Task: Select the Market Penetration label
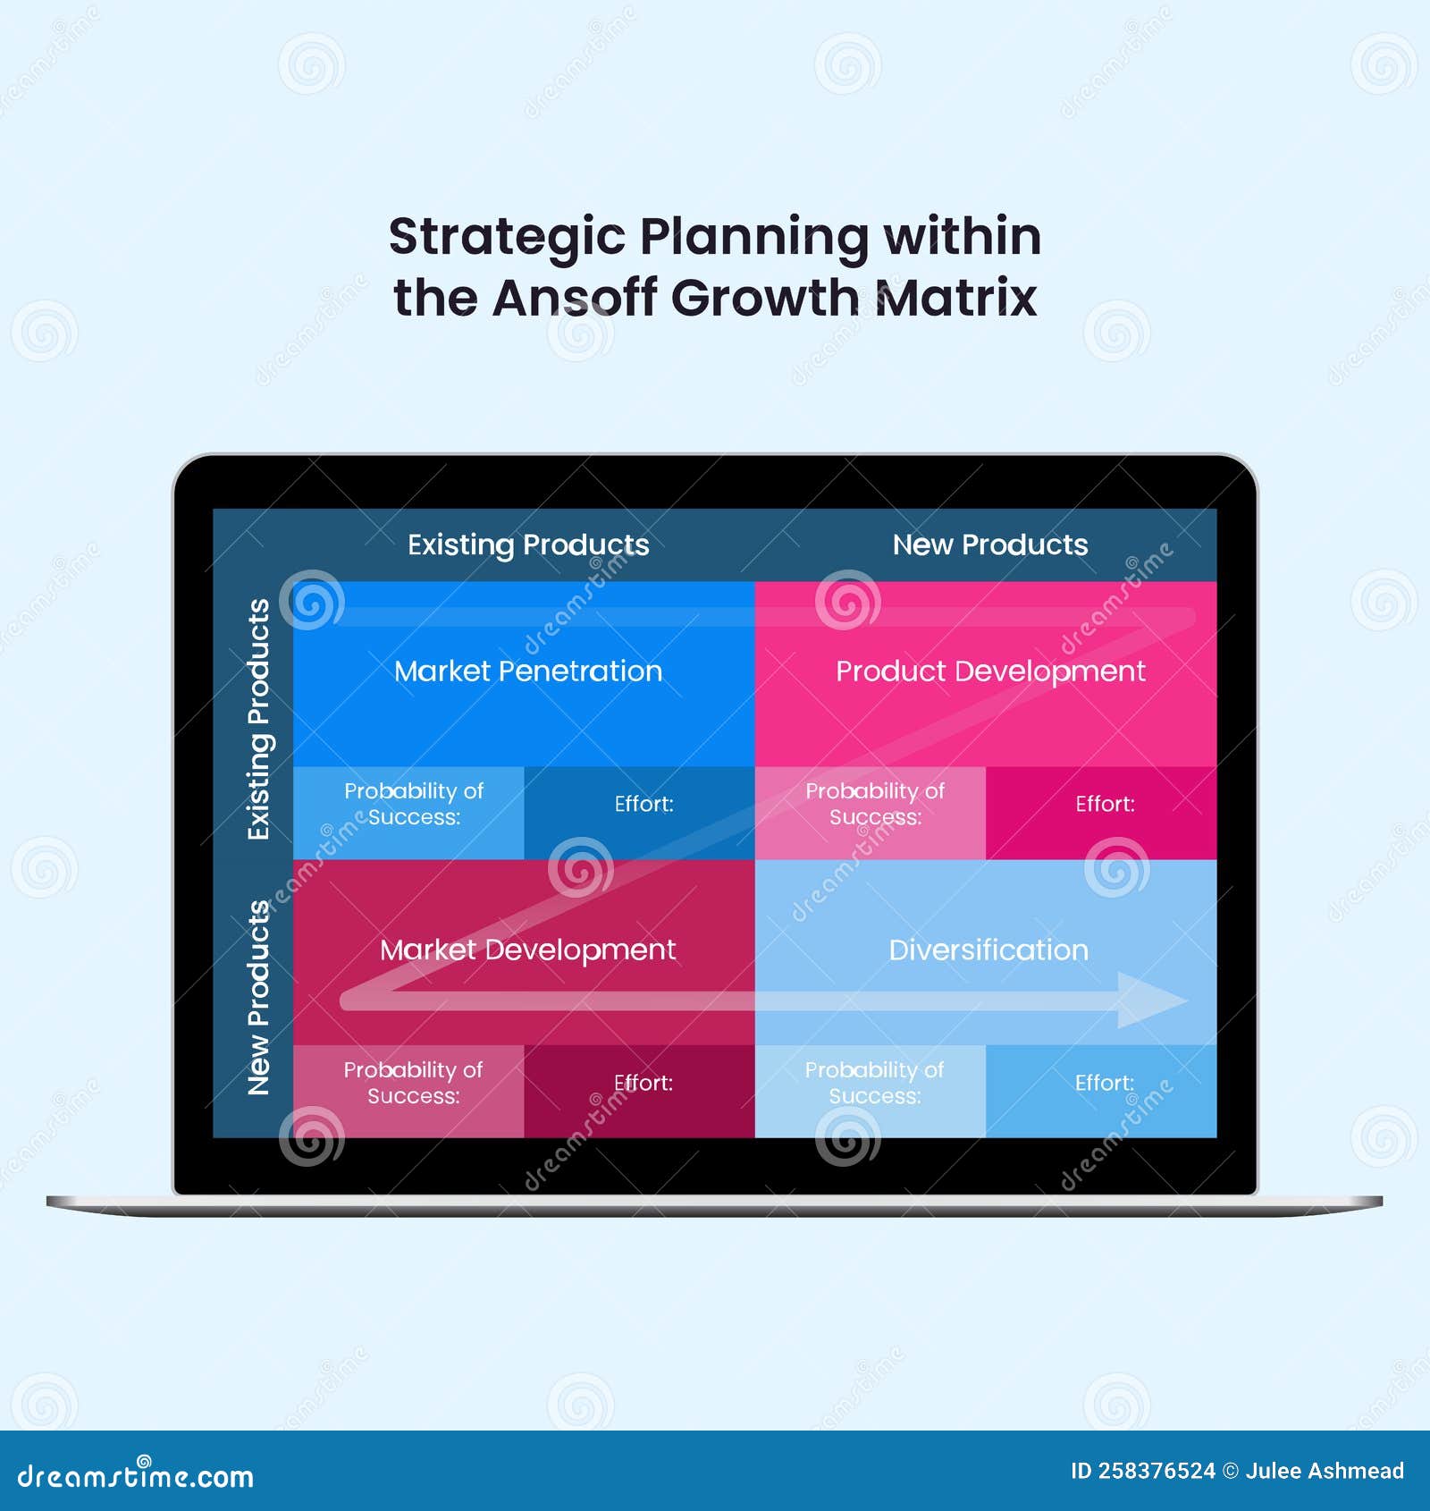click(528, 671)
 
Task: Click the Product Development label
click(990, 671)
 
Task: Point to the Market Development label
click(527, 950)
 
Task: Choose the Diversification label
click(988, 950)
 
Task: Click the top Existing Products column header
click(528, 544)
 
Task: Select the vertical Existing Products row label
click(258, 719)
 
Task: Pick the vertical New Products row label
click(258, 997)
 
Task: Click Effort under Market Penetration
click(643, 804)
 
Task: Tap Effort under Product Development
click(1105, 804)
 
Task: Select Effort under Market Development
click(643, 1083)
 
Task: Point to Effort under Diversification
click(1105, 1083)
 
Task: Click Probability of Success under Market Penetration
click(414, 804)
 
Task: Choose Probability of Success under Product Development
click(875, 804)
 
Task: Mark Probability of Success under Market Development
click(413, 1083)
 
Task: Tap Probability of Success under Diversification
click(874, 1083)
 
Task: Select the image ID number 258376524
click(1157, 1471)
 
